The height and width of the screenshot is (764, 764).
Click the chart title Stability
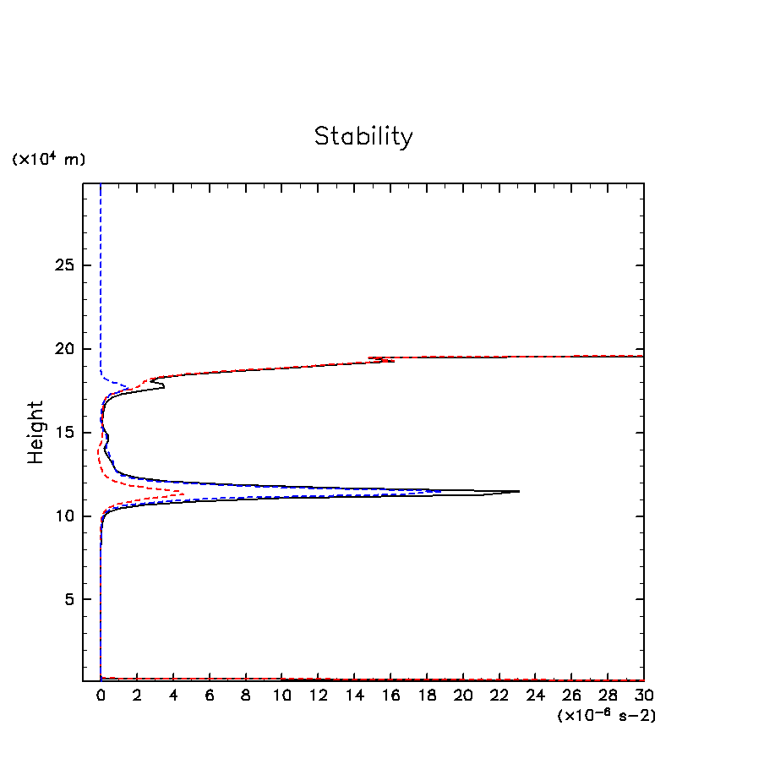point(363,136)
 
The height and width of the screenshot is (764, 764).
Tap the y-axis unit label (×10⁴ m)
point(48,159)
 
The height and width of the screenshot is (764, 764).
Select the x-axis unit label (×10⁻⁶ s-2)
point(607,715)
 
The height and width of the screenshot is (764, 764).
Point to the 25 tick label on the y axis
point(64,265)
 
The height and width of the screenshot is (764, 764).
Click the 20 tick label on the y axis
point(64,349)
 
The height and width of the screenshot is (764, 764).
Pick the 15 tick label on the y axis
point(64,433)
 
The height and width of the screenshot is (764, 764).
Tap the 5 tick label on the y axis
point(69,599)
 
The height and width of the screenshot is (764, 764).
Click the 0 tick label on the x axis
point(101,695)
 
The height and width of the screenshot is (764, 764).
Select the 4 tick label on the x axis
point(173,695)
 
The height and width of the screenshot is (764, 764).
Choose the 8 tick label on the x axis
point(246,695)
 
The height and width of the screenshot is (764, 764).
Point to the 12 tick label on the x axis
point(318,695)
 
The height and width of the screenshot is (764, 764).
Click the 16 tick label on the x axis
point(390,695)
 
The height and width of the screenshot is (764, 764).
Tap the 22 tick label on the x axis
point(499,695)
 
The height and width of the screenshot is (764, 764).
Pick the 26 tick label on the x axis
point(571,695)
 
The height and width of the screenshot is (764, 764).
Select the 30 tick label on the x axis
point(644,695)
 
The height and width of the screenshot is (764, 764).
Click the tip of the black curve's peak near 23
point(519,491)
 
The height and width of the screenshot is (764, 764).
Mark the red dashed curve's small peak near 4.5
point(183,493)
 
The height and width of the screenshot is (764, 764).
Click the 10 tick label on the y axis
point(64,516)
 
